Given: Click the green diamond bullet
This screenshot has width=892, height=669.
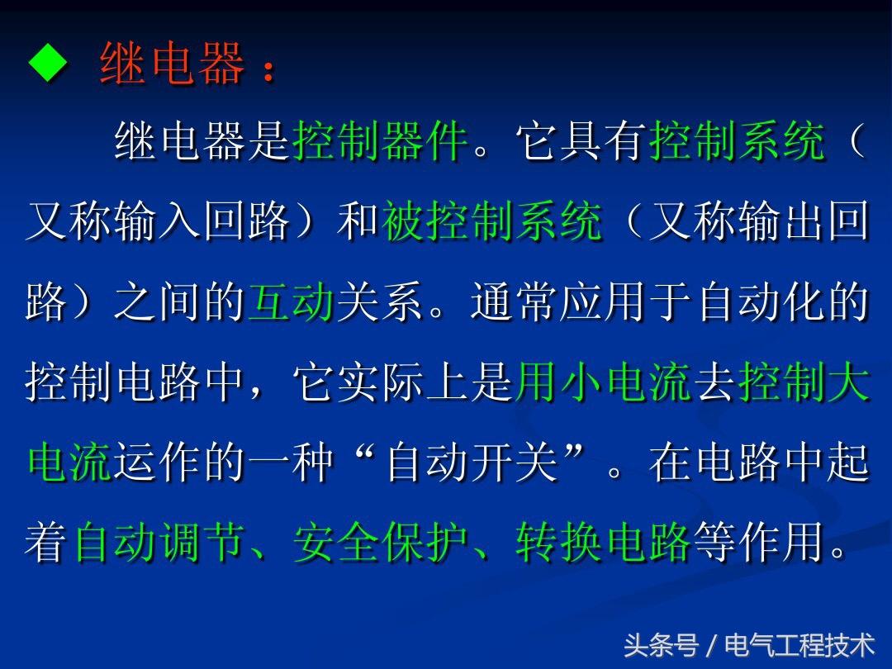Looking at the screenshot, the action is point(48,62).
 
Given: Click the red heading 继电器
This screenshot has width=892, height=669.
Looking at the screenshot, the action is point(172,63).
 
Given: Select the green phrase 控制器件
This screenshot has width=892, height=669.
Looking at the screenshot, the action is point(380,140).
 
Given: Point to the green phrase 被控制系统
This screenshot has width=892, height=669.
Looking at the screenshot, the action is point(492,221).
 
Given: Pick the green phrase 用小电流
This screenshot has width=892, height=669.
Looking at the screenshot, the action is point(602,381).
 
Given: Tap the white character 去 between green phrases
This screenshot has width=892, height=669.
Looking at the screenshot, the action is point(714,381).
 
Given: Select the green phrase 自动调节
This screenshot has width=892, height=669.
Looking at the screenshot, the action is point(159,542).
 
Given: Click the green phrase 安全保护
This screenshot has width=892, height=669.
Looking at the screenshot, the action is point(380,542).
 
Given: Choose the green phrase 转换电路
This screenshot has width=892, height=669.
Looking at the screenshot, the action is point(603,542).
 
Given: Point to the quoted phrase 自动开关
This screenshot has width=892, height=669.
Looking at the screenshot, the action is point(472,462).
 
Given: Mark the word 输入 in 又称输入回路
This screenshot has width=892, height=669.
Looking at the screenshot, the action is point(158,221).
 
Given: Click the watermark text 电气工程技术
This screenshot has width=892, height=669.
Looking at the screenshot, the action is point(799,645).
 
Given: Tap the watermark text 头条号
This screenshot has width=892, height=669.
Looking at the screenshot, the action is point(661,645).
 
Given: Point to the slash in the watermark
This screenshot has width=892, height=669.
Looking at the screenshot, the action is point(711,646).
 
